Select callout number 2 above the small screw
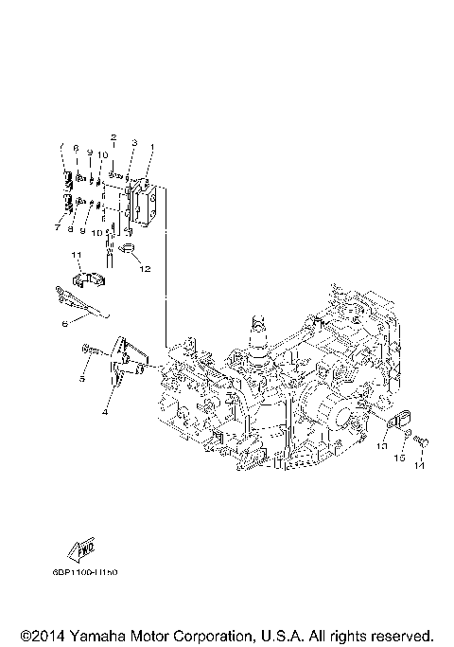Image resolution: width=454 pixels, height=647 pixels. point(113,138)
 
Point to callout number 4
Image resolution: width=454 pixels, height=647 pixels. point(105,412)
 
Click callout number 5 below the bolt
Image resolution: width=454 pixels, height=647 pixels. point(83,379)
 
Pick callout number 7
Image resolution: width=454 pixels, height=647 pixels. point(57,228)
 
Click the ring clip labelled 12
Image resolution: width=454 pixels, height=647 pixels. point(130,250)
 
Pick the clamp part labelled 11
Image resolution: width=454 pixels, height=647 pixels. point(88,281)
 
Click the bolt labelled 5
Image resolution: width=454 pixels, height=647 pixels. point(90,351)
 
